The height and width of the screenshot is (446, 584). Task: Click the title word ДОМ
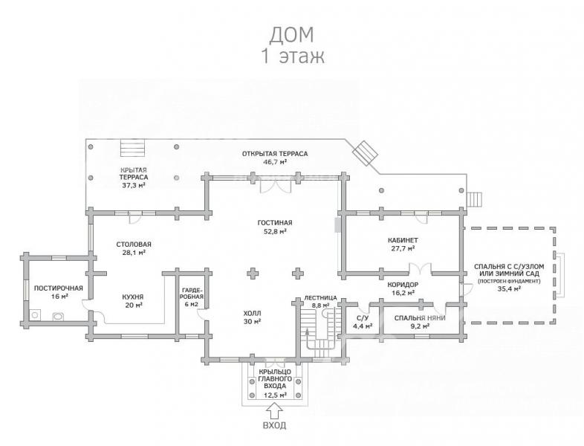pos(291,34)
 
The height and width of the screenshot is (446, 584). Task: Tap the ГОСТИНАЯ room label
pos(275,223)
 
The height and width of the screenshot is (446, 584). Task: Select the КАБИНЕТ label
pos(403,240)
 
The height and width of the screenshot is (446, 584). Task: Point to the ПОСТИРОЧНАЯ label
pos(59,288)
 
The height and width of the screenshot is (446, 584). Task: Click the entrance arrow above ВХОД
pos(275,411)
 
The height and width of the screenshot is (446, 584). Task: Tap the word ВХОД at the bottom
pos(275,425)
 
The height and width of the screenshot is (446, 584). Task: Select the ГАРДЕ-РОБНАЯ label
pos(192,293)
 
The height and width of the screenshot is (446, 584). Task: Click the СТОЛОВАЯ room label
pos(134,245)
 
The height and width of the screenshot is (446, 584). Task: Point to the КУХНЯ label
pos(133,297)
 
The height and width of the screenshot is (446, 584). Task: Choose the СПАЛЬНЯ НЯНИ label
pos(420,318)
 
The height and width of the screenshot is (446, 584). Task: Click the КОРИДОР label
pos(403,285)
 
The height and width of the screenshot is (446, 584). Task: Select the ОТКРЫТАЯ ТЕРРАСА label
pos(275,154)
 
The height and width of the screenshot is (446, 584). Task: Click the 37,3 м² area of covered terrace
pos(133,185)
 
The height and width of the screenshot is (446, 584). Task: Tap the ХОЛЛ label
pos(253,313)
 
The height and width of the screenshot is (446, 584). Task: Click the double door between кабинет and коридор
pos(421,268)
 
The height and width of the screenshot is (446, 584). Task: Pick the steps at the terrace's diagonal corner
pos(366,153)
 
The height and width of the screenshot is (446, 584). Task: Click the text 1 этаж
pos(293,56)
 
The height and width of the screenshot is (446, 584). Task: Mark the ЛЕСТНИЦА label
pos(320,298)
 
